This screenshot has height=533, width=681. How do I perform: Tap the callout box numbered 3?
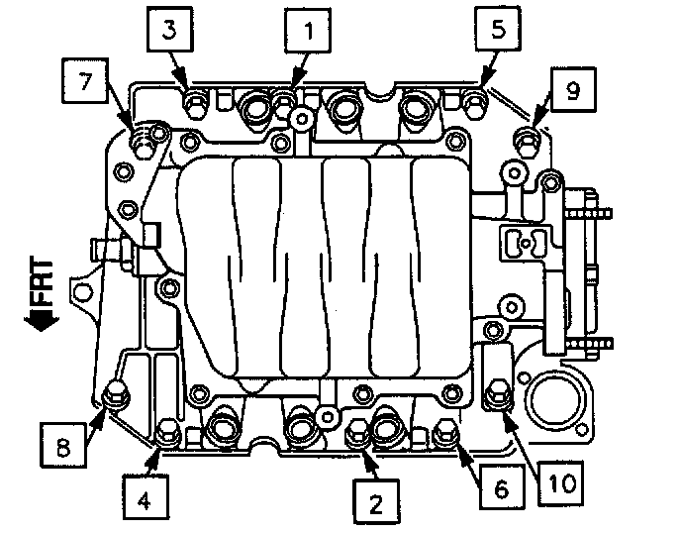(x=170, y=33)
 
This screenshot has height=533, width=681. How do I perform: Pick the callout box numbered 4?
(x=144, y=501)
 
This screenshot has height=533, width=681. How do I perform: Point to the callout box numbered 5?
(x=497, y=33)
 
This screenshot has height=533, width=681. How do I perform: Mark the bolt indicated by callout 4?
(x=167, y=431)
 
